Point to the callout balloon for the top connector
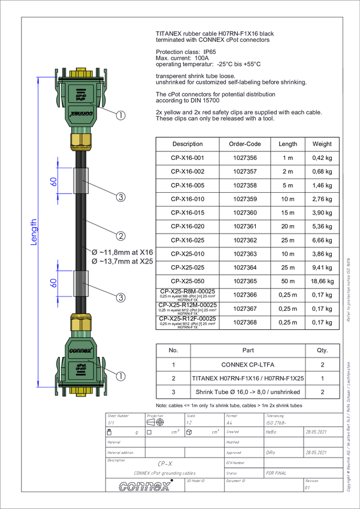(121, 116)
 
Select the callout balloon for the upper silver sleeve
(121, 196)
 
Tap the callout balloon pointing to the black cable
(121, 235)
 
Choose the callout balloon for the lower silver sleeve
(121, 297)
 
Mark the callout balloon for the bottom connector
(121, 377)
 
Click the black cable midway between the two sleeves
(80, 231)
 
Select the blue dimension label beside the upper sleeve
(53, 180)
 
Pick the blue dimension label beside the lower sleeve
(53, 282)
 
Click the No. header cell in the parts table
(173, 350)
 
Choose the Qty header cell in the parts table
(322, 350)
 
